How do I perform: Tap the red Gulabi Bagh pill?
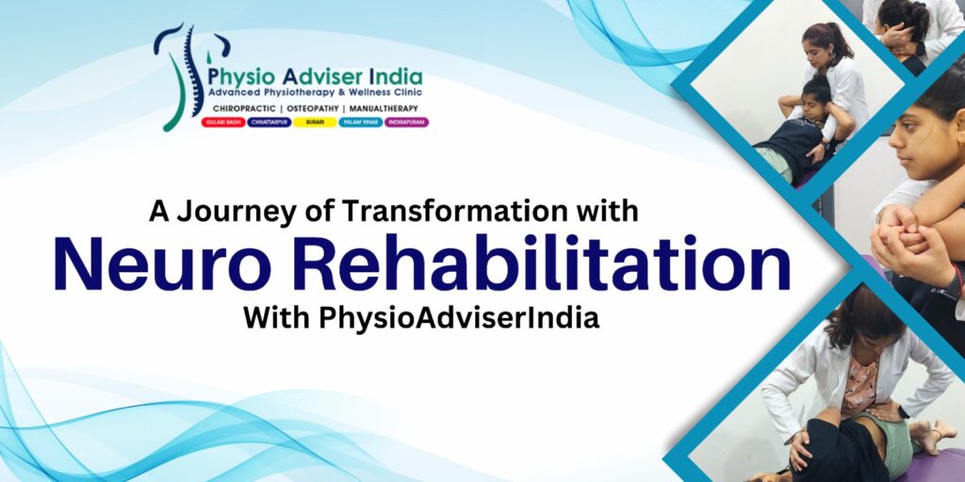click(223, 122)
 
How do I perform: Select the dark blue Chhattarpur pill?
click(269, 122)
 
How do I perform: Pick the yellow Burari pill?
click(315, 122)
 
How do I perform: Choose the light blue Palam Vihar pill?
click(360, 122)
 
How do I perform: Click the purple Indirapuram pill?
click(406, 122)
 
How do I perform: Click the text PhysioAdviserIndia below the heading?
click(458, 318)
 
